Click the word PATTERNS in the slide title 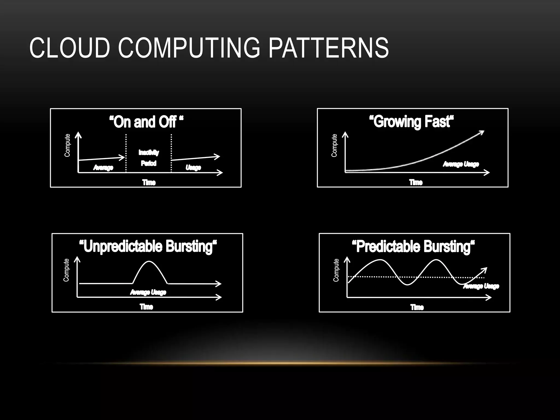[x=328, y=48]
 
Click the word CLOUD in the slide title [x=69, y=48]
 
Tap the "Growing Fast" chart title [x=411, y=122]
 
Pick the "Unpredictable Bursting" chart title [x=148, y=246]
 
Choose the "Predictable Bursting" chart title [x=413, y=246]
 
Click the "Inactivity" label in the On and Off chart [x=148, y=152]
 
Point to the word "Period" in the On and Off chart [x=148, y=163]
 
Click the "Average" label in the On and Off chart [x=103, y=167]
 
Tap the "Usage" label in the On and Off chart [x=193, y=167]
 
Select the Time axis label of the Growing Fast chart [x=416, y=182]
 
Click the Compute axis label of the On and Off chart [x=67, y=145]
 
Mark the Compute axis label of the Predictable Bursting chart [x=336, y=270]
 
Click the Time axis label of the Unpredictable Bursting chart [x=146, y=307]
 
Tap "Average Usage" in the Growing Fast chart [x=461, y=164]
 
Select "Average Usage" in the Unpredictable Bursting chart [x=148, y=292]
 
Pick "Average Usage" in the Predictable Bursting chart [x=481, y=286]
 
